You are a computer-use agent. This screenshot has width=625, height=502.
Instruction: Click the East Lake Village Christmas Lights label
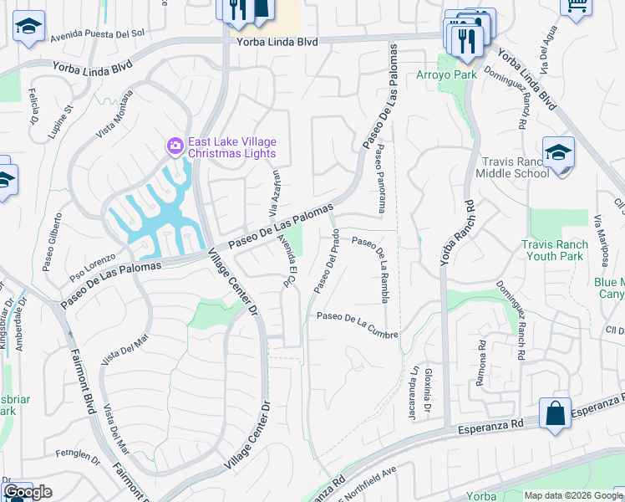pyautogui.click(x=231, y=147)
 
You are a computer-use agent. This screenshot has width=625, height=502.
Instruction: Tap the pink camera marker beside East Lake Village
pyautogui.click(x=175, y=146)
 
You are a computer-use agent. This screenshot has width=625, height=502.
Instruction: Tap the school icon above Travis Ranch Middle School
pyautogui.click(x=558, y=153)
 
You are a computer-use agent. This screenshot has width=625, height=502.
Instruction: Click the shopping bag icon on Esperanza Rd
pyautogui.click(x=555, y=413)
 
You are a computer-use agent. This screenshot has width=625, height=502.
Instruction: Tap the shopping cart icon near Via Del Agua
pyautogui.click(x=576, y=7)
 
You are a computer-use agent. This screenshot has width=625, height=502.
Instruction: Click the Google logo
pyautogui.click(x=28, y=492)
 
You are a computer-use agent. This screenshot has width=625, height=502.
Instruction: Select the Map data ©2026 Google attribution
pyautogui.click(x=573, y=495)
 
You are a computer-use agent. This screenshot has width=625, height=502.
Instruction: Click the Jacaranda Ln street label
pyautogui.click(x=413, y=381)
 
